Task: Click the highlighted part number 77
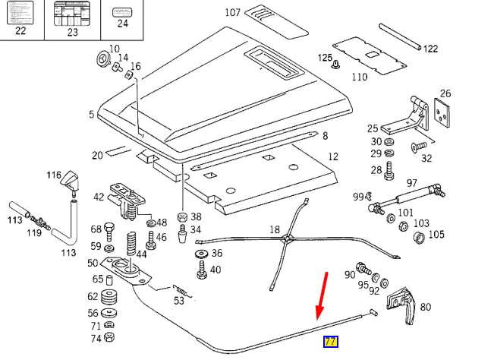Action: tap(331, 342)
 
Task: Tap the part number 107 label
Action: tap(232, 13)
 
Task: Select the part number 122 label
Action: tap(430, 49)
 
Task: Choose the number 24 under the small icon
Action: tap(121, 24)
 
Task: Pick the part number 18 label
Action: tap(275, 229)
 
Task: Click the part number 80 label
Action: tap(425, 307)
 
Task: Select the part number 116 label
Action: tap(52, 175)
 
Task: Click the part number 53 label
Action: tap(178, 301)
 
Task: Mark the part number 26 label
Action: tap(445, 94)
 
